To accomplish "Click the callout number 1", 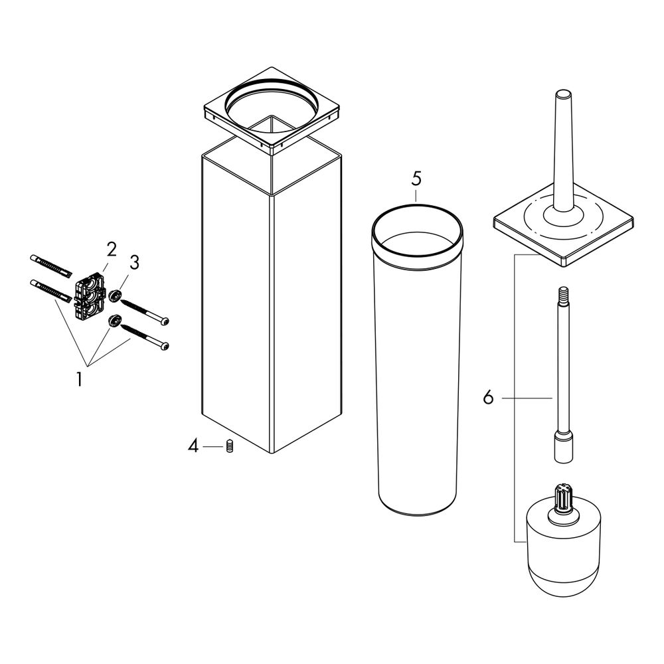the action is click(x=79, y=378).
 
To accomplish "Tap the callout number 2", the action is click(x=112, y=250).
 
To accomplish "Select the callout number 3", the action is click(x=134, y=262).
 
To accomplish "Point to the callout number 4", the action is click(x=193, y=446).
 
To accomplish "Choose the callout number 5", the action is click(x=416, y=179).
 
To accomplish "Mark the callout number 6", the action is click(x=488, y=398).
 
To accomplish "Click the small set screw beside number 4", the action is click(x=230, y=446).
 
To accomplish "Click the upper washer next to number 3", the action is click(x=114, y=296).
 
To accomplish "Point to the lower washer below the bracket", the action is click(x=114, y=321).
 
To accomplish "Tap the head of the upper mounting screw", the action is click(x=164, y=321).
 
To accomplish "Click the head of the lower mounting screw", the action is click(x=164, y=347).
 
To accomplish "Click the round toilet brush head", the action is click(x=563, y=550).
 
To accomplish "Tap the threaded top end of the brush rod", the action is click(x=563, y=293).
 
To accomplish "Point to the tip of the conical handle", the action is click(x=563, y=93).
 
